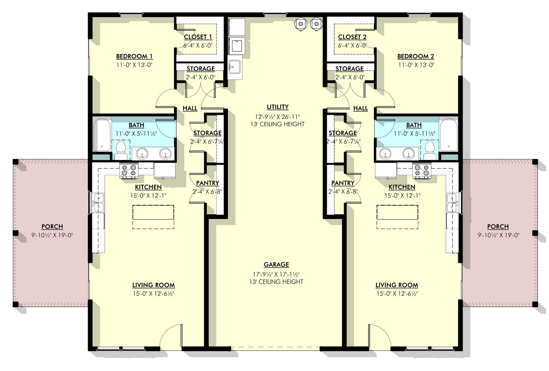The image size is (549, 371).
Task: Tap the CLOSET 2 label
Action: tap(352, 37)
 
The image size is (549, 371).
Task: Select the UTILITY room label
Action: tap(277, 107)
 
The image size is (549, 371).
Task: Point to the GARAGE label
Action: tap(276, 265)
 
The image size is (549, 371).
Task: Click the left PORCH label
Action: tap(52, 227)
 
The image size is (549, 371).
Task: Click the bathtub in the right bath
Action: tap(448, 135)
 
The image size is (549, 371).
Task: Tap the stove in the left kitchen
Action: tap(128, 171)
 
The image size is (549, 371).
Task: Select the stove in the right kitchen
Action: tap(422, 171)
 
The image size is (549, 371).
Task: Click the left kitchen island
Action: tap(153, 212)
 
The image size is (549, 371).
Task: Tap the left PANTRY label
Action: tap(207, 183)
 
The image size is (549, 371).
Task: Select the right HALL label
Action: tap(360, 108)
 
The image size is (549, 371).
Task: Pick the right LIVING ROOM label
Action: tap(397, 285)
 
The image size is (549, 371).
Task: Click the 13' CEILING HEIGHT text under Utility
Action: tap(277, 124)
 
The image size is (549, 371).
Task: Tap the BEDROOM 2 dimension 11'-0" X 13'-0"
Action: tap(416, 65)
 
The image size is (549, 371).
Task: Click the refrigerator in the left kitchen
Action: tap(165, 170)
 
